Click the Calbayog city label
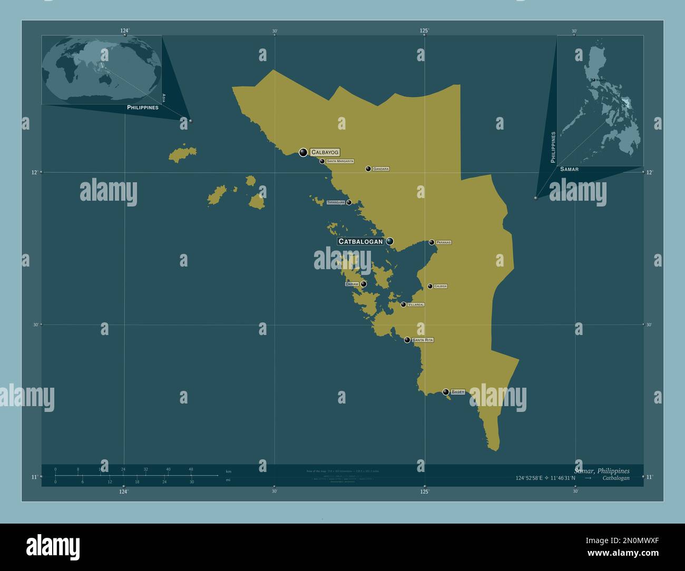point(325,152)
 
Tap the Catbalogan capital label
point(360,242)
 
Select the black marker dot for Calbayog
point(303,153)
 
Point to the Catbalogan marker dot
point(389,241)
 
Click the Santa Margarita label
point(340,161)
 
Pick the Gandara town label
point(380,169)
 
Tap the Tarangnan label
point(336,202)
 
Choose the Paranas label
point(443,242)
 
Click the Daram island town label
point(351,284)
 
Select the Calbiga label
point(441,286)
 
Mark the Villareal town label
point(416,304)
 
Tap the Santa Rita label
point(423,340)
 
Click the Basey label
point(458,392)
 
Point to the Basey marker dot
point(446,392)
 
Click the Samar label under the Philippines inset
point(569,169)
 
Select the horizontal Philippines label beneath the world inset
point(143,107)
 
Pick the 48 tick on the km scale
point(191,469)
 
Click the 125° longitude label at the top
point(424,31)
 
